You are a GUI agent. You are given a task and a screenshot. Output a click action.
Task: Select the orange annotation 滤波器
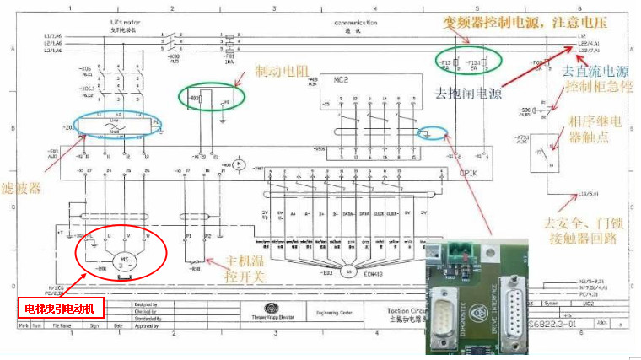point(22,189)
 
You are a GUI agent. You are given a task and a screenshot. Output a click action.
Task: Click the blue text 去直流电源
point(596,72)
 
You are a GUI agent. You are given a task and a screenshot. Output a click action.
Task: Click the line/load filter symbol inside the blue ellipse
point(117,124)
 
